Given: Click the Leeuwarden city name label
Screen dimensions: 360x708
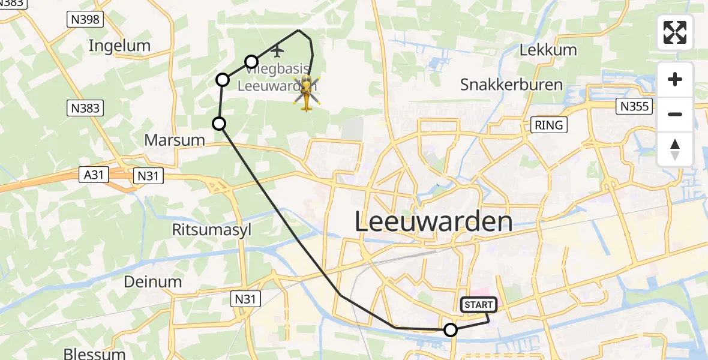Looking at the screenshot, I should pyautogui.click(x=433, y=222).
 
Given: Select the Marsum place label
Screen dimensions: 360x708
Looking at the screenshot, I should pyautogui.click(x=175, y=140).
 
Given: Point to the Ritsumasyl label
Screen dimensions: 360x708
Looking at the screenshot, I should pyautogui.click(x=211, y=230).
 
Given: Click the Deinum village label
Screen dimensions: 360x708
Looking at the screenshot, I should pyautogui.click(x=152, y=281).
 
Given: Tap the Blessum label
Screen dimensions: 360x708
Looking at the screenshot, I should pyautogui.click(x=94, y=353).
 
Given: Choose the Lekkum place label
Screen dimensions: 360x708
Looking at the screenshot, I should pyautogui.click(x=548, y=50).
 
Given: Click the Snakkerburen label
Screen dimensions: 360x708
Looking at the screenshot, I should pyautogui.click(x=511, y=85).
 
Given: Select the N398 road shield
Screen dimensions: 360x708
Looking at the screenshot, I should pyautogui.click(x=85, y=20).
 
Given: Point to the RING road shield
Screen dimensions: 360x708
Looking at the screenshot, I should pyautogui.click(x=549, y=125).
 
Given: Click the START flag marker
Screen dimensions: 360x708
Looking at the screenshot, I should pyautogui.click(x=479, y=305).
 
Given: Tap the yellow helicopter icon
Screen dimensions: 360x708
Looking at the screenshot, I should pyautogui.click(x=307, y=93).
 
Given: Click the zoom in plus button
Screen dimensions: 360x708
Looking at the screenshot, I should pyautogui.click(x=675, y=80).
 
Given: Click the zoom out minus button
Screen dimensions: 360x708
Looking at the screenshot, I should pyautogui.click(x=675, y=114).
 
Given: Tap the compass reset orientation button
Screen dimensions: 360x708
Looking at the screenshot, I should pyautogui.click(x=675, y=149).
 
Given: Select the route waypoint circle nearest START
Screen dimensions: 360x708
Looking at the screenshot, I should pyautogui.click(x=450, y=329).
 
